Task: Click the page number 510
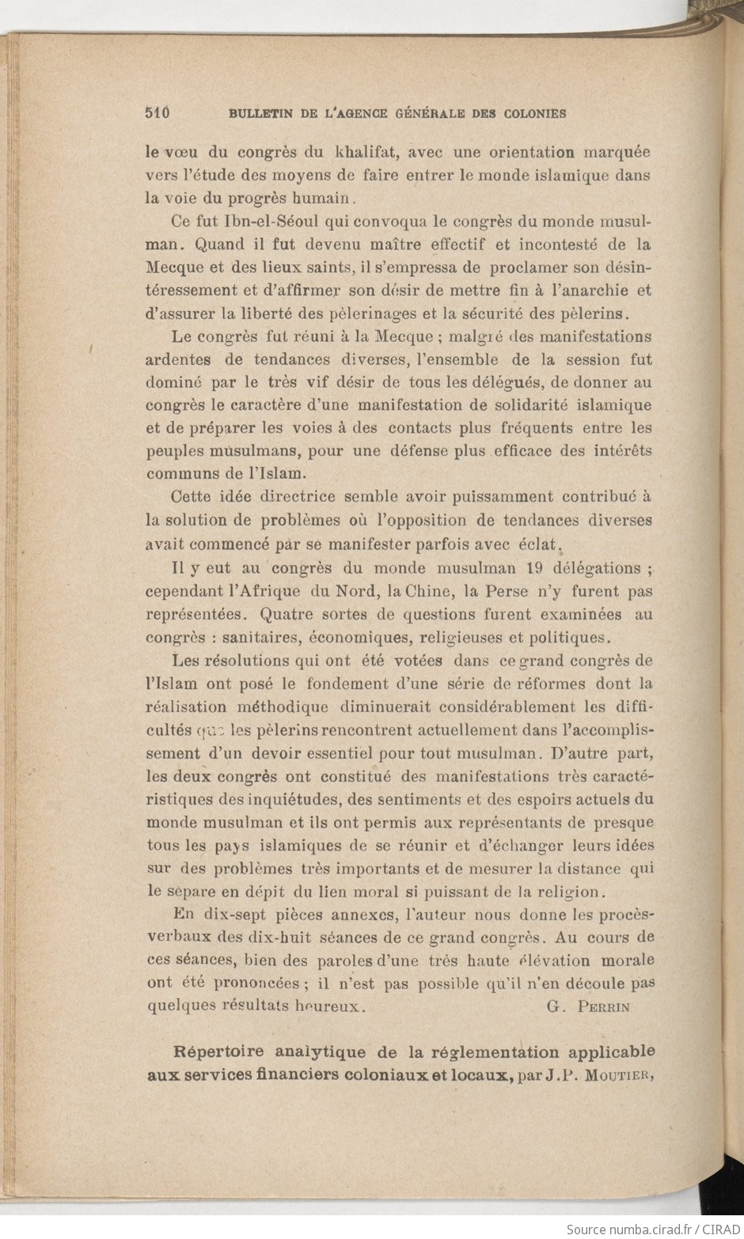(158, 112)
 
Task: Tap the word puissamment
(503, 497)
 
